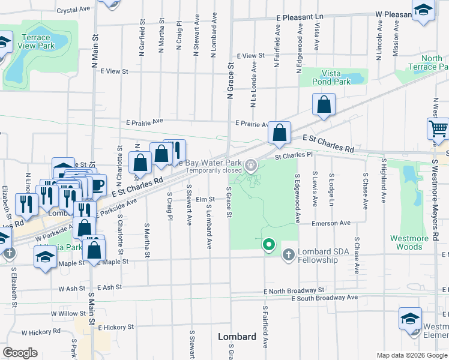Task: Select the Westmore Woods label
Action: point(409,242)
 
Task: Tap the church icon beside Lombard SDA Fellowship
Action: point(288,255)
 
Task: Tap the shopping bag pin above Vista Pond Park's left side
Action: point(324,104)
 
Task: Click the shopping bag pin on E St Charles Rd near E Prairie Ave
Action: point(279,133)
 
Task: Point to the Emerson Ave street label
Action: point(331,223)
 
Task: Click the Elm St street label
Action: point(205,199)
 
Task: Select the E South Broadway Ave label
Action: point(310,298)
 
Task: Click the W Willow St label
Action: point(68,313)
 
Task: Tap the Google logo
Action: point(20,352)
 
